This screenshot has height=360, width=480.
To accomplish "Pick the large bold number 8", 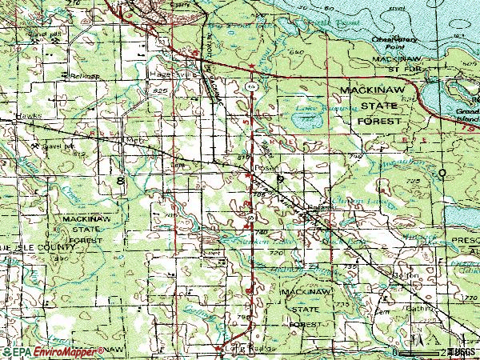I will coord(120,182).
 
